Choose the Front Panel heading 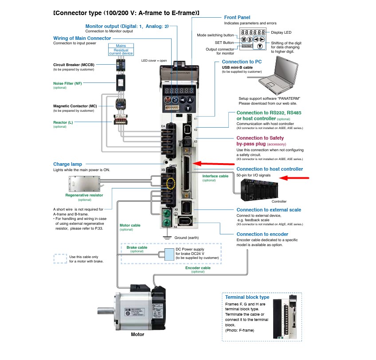pyautogui.click(x=237, y=17)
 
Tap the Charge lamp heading pyautogui.click(x=67, y=164)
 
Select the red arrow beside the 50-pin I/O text pyautogui.click(x=296, y=178)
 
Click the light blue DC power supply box pyautogui.click(x=169, y=254)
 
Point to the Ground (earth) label pyautogui.click(x=187, y=238)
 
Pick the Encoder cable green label pyautogui.click(x=198, y=268)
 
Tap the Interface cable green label pyautogui.click(x=215, y=176)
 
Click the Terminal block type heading pyautogui.click(x=247, y=297)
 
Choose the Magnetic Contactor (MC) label pyautogui.click(x=75, y=106)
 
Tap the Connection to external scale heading pyautogui.click(x=269, y=210)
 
